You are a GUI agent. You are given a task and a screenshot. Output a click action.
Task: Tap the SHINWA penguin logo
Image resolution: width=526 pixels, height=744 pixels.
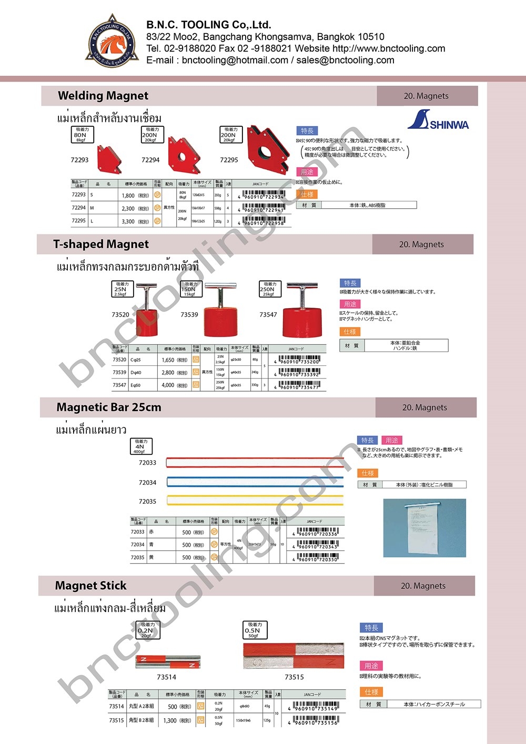tap(438, 120)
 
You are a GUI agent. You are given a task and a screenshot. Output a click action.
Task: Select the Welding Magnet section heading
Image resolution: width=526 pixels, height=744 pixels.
tap(103, 96)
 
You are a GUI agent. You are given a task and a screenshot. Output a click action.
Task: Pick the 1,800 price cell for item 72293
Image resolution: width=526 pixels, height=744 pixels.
tap(135, 195)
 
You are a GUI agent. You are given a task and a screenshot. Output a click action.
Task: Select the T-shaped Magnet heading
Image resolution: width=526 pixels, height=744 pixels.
tap(101, 244)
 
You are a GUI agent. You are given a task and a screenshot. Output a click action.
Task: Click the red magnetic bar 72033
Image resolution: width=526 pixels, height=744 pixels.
tap(255, 463)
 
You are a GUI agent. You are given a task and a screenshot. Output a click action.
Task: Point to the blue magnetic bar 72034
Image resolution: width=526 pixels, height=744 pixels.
tap(255, 482)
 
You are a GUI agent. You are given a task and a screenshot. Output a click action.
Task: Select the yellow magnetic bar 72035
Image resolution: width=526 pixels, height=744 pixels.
tap(255, 500)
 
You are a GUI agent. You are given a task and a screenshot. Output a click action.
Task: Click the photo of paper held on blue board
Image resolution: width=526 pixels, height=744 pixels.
tap(424, 527)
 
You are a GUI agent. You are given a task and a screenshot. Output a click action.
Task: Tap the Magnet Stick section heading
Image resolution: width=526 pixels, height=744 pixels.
tap(91, 586)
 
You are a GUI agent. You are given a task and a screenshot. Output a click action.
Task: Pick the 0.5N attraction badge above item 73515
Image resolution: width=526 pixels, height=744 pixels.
tap(255, 630)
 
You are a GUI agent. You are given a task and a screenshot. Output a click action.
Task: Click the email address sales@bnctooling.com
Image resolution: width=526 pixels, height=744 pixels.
tap(345, 60)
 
